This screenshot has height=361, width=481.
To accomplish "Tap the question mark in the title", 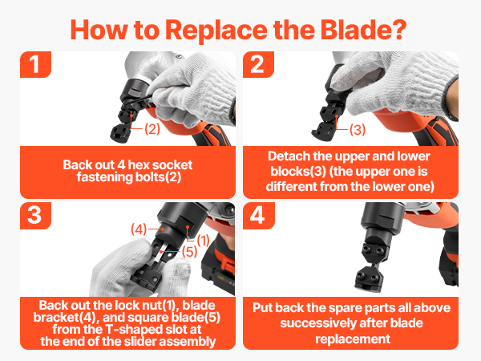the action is tap(399, 30).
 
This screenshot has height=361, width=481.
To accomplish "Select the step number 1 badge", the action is tap(35, 64).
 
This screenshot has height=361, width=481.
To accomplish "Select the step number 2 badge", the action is tap(258, 64).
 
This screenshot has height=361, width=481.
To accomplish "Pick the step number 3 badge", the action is tap(35, 215).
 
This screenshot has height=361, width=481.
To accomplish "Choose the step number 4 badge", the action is tap(258, 215).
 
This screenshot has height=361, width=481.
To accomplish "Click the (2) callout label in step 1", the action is tap(152, 128).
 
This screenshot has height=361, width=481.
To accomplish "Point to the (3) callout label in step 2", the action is tap(358, 129).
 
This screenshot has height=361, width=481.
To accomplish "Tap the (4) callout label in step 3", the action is tap(139, 229).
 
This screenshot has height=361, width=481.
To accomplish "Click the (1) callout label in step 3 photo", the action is tap(203, 241).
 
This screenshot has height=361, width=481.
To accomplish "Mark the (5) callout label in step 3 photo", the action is tap(189, 252).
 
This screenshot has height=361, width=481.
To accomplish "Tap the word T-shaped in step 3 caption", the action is tap(134, 330).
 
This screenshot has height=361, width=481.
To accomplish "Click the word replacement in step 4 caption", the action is tap(353, 339).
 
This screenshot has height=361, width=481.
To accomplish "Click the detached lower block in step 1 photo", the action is tap(120, 134).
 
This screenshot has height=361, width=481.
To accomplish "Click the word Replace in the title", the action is tap(216, 30).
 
